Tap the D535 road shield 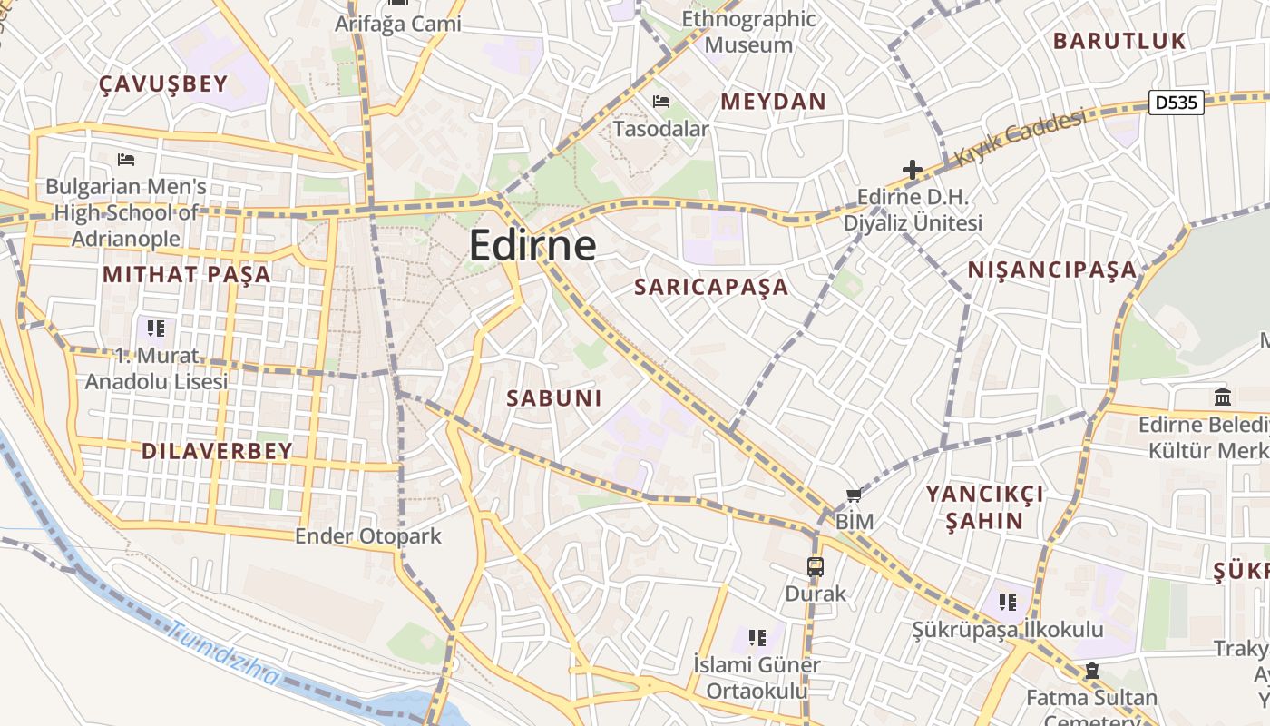coord(1177,103)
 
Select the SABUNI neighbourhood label coord(554,398)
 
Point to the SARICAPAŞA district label coord(711,288)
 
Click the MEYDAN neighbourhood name coord(774,102)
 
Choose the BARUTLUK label coord(1119,41)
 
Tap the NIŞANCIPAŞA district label coord(1051,270)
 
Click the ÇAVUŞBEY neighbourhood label coord(163,84)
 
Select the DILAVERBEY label coord(217,451)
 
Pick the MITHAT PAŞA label coord(186,274)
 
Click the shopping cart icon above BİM coord(853,495)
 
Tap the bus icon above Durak coord(816,567)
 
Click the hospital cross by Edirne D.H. coord(912,170)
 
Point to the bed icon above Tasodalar coord(661,102)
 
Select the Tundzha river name coord(225,655)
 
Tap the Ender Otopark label coord(368,536)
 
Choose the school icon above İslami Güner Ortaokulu coord(757,637)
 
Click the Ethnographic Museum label coord(748,32)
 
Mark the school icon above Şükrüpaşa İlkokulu coord(1007,602)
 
